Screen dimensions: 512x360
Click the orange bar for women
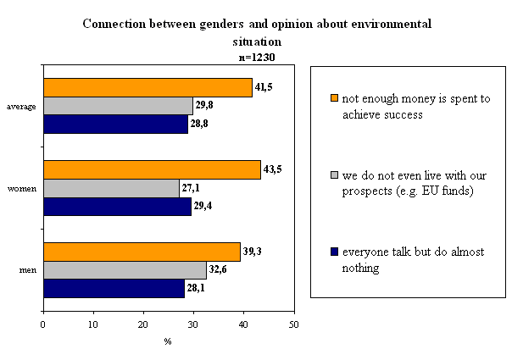point(153,169)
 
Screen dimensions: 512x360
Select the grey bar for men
point(125,270)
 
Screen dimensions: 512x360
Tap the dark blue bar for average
point(116,124)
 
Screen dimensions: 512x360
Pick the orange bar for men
point(142,252)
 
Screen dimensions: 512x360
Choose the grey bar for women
point(111,188)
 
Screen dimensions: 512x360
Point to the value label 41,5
point(264,87)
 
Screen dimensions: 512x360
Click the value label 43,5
point(272,169)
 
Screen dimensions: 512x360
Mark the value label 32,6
point(218,269)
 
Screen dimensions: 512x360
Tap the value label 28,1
point(196,288)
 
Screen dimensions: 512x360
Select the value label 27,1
point(191,188)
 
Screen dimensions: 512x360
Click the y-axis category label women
point(22,189)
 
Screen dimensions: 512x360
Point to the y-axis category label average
point(21,107)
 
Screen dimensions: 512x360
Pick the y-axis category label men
point(28,270)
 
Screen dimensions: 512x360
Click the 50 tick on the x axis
point(294,324)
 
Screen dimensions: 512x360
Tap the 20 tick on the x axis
point(143,324)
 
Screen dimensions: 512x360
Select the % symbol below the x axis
point(168,341)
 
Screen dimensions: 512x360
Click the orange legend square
point(334,98)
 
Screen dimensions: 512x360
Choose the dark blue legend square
point(334,252)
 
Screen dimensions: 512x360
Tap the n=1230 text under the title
point(257,58)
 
